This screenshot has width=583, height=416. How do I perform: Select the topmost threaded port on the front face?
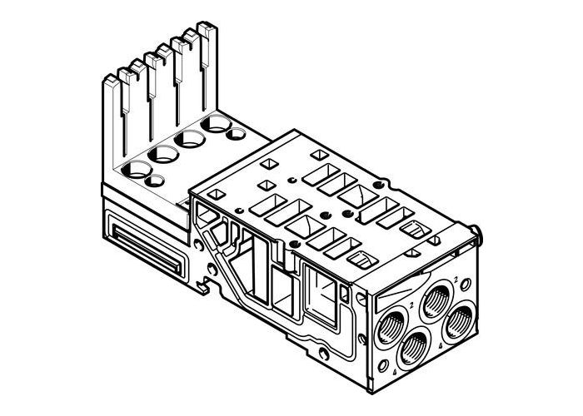pyautogui.click(x=437, y=296)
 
